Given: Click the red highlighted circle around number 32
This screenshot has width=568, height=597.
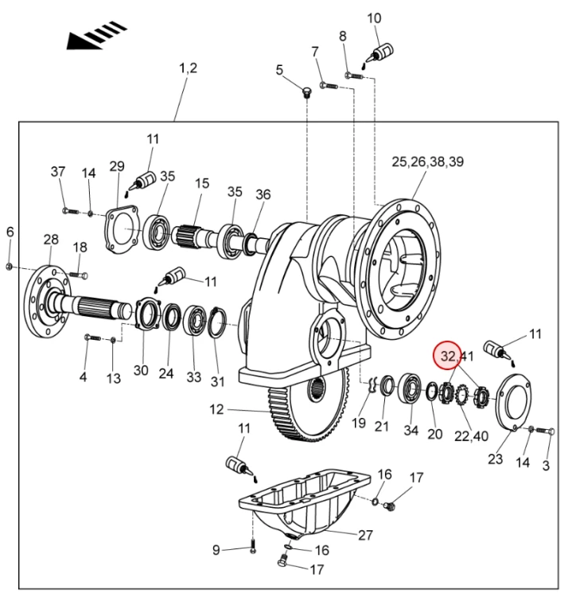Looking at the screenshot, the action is coord(448,355).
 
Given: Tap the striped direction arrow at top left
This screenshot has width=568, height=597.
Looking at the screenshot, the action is coord(96,35).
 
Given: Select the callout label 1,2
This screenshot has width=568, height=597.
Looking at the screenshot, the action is coord(189,68).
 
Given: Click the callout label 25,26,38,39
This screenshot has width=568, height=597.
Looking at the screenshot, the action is coord(428,162).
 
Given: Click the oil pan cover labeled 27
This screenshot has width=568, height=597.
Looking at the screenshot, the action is coord(305,503).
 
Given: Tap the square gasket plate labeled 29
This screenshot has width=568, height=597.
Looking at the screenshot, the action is coord(121,228).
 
